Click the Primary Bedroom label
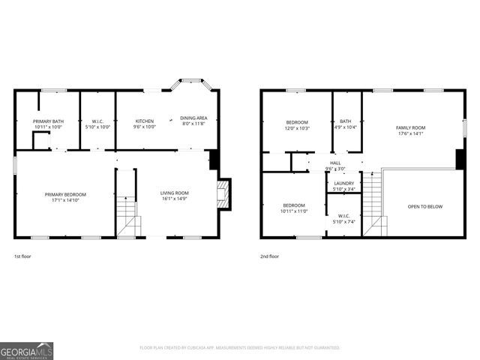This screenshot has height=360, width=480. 65,196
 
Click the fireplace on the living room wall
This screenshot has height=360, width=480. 223,193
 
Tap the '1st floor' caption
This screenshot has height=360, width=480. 22,256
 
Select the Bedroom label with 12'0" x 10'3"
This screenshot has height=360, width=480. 297,124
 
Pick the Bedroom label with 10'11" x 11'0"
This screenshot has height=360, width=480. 294,208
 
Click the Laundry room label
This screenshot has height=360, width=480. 344,186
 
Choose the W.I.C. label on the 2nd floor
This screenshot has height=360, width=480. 344,218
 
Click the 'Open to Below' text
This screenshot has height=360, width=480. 424,206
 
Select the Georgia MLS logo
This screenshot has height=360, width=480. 26,350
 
